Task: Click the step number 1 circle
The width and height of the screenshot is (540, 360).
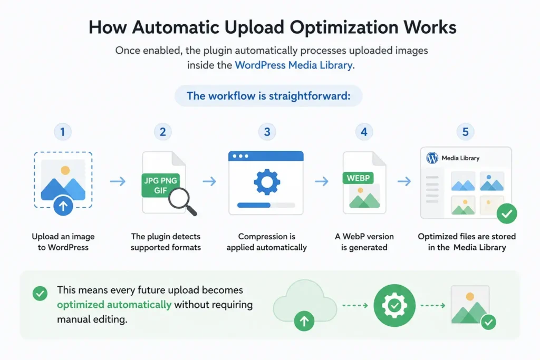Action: click(x=62, y=132)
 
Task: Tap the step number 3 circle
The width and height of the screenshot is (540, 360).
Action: click(x=267, y=132)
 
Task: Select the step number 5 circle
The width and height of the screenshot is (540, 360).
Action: click(x=465, y=132)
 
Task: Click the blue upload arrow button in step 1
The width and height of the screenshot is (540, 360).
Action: click(x=63, y=206)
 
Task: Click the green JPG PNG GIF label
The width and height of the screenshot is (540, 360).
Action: click(x=160, y=185)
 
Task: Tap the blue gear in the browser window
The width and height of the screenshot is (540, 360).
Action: click(x=267, y=182)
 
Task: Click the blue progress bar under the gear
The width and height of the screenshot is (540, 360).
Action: click(x=254, y=205)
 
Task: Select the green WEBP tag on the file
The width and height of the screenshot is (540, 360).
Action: click(x=358, y=178)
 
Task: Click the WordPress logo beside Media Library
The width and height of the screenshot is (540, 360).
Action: click(x=432, y=158)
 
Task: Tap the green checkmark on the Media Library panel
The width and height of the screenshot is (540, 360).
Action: click(x=507, y=213)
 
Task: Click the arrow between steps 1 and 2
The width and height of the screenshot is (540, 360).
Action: click(x=118, y=181)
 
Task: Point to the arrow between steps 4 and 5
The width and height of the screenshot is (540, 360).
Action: click(x=404, y=181)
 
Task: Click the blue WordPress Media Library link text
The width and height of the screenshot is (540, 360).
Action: click(x=293, y=65)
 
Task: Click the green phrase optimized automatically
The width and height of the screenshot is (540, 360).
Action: click(x=114, y=305)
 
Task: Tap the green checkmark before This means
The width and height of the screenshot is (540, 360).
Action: click(x=40, y=294)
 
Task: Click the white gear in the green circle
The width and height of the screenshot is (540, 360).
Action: click(x=394, y=305)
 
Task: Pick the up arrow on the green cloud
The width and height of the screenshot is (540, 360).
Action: click(x=304, y=321)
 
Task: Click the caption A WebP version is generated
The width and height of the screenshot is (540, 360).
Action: click(x=364, y=242)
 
